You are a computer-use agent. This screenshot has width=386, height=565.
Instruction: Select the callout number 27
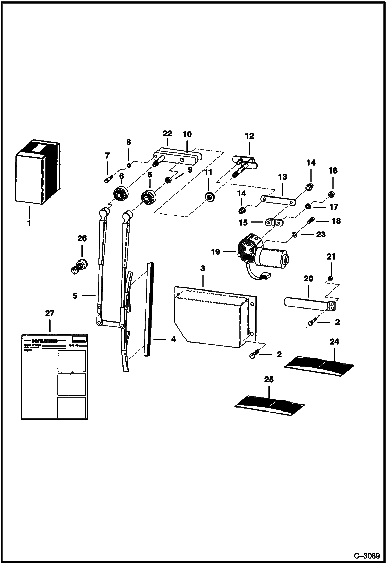click(50, 313)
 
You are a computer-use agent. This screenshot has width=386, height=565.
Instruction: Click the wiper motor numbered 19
click(260, 254)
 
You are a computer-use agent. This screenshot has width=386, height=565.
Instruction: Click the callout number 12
click(249, 136)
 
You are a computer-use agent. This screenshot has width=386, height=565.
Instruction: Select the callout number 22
click(167, 134)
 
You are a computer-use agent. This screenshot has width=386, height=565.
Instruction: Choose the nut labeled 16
click(332, 194)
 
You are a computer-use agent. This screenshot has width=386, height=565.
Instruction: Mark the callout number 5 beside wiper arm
click(75, 296)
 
